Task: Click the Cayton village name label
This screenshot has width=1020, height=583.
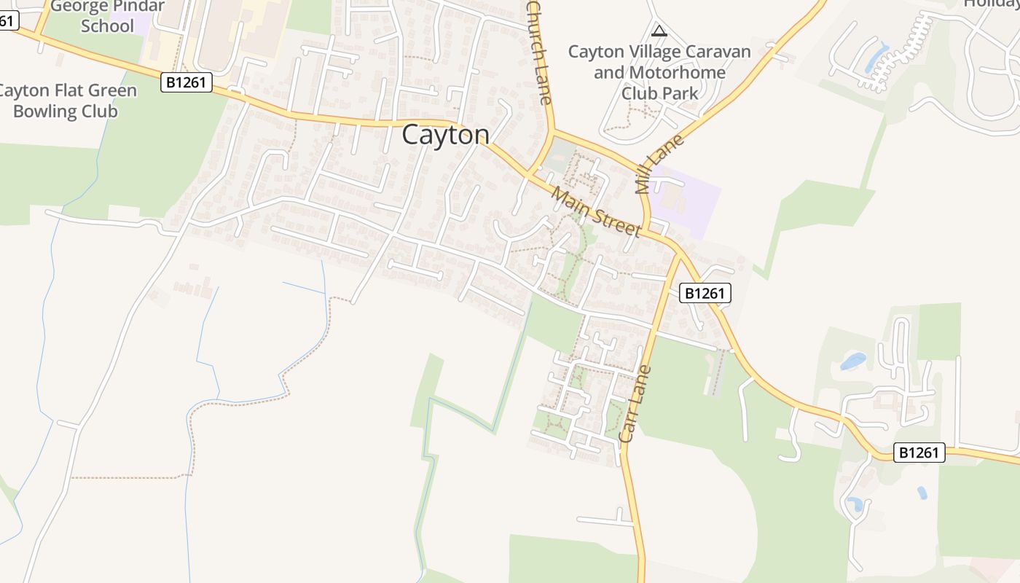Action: click(x=445, y=135)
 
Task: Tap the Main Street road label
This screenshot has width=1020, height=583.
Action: click(x=595, y=212)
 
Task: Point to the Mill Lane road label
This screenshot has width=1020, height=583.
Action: click(x=659, y=163)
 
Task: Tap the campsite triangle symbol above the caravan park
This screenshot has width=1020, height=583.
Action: click(x=659, y=31)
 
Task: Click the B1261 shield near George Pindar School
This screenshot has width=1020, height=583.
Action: click(x=187, y=82)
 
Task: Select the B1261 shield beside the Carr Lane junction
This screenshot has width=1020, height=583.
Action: click(x=705, y=293)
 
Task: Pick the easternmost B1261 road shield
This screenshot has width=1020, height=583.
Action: click(x=919, y=453)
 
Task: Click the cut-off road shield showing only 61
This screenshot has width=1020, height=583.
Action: click(x=6, y=20)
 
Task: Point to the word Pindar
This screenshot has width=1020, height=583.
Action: click(x=138, y=6)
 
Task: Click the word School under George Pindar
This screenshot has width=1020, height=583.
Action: click(x=107, y=26)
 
